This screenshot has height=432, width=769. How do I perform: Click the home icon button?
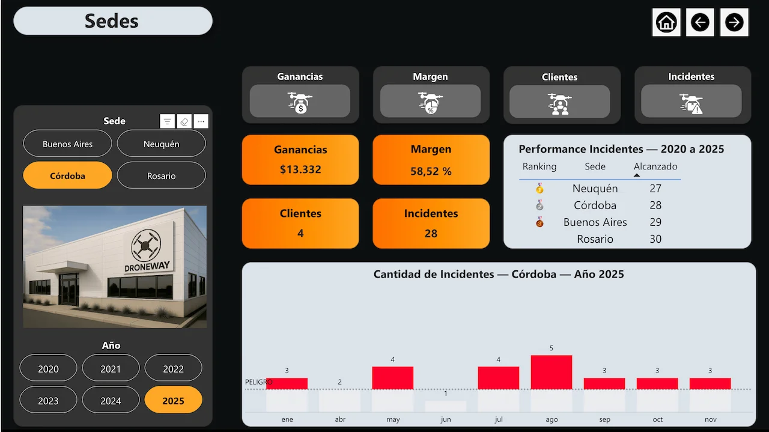[666, 22]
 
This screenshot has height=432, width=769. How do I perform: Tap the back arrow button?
[700, 22]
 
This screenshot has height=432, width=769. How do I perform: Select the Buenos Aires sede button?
[67, 144]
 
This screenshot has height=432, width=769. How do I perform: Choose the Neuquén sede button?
[161, 144]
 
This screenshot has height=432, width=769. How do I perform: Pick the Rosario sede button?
[161, 176]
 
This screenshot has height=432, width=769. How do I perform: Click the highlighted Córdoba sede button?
[67, 176]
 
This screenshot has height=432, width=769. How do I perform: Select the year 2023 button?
[48, 401]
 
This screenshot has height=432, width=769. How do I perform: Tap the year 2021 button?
[111, 369]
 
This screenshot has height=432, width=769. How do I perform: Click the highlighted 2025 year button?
[173, 401]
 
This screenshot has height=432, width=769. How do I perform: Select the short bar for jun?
[446, 406]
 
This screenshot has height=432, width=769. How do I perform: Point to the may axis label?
[393, 419]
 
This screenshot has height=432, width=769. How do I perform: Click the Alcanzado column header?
[655, 166]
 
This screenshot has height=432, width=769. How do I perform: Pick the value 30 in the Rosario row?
[655, 239]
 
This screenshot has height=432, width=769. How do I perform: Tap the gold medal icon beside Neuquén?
[540, 188]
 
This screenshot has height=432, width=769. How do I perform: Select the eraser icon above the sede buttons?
[184, 121]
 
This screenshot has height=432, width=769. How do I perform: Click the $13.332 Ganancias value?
[300, 169]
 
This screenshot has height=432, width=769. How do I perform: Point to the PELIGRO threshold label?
[258, 382]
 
